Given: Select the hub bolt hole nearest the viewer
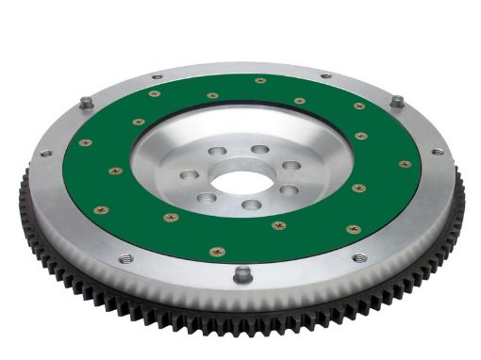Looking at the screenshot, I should [250, 204].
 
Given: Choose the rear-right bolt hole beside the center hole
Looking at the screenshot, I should [258, 150].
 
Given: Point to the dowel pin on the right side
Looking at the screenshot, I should [397, 101].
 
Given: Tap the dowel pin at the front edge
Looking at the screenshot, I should [242, 274].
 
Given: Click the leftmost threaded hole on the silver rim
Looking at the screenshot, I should [44, 153].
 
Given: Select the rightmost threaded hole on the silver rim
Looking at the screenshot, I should [438, 151].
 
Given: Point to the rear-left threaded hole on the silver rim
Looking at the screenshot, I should [157, 77].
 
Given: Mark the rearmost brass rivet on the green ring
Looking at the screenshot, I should [260, 81].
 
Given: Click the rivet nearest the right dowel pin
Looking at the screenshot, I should [359, 106].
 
